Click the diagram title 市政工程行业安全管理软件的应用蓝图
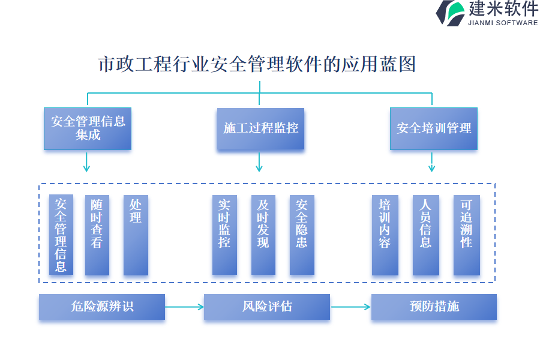click(257, 64)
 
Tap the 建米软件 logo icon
click(450, 13)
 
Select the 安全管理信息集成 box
click(88, 128)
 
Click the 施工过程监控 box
click(260, 128)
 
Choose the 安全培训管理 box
click(434, 128)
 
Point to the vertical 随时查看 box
click(97, 235)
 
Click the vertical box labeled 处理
click(136, 235)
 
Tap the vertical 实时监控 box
click(224, 235)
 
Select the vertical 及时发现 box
click(263, 235)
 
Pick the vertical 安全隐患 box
click(302, 235)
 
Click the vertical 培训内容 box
click(385, 235)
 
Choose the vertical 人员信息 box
click(425, 235)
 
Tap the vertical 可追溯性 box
click(466, 235)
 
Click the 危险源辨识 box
click(102, 307)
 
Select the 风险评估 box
click(267, 307)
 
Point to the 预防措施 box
click(434, 307)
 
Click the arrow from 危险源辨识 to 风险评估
click(184, 307)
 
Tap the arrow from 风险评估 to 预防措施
click(350, 307)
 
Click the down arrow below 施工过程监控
click(259, 162)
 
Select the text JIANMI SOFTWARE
click(503, 23)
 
